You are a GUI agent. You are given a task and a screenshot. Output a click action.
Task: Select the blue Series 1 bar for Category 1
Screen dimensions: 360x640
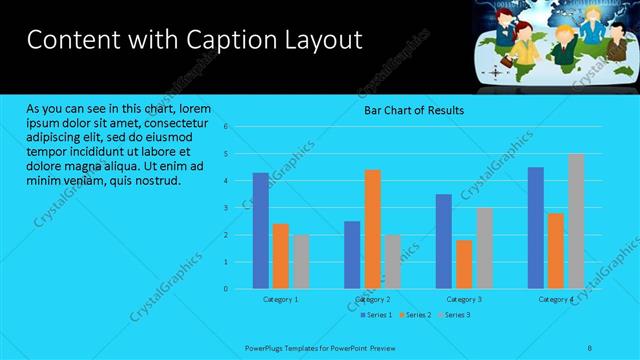tap(261, 230)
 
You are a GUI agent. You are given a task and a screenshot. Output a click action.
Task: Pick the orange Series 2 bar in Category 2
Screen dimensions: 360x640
tap(372, 229)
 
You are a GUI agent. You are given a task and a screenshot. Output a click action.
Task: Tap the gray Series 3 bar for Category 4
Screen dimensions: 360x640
tap(576, 221)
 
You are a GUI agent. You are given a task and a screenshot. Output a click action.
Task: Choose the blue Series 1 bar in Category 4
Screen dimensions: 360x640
tap(536, 227)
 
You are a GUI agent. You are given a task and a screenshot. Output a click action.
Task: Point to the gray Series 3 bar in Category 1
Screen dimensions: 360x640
tap(301, 261)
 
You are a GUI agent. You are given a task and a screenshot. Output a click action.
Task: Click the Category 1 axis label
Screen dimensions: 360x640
tap(281, 299)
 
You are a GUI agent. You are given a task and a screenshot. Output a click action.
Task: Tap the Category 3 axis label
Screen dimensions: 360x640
tap(464, 299)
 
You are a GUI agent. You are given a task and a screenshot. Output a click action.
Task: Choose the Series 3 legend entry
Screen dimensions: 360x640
tap(455, 315)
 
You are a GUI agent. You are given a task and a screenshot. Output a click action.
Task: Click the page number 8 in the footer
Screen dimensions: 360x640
tap(590, 347)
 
